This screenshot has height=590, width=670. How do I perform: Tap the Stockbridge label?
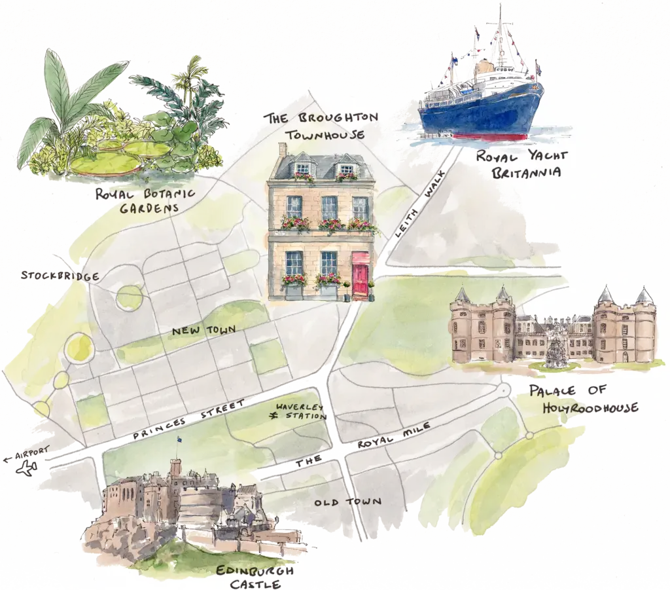(60, 276)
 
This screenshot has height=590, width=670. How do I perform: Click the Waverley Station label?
(301, 411)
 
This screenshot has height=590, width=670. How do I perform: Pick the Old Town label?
(347, 502)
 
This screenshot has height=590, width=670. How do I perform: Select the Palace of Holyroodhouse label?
(583, 399)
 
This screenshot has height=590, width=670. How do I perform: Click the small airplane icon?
(27, 469)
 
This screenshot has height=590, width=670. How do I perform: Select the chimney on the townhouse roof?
(283, 150)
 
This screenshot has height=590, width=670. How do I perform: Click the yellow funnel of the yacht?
(484, 67)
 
